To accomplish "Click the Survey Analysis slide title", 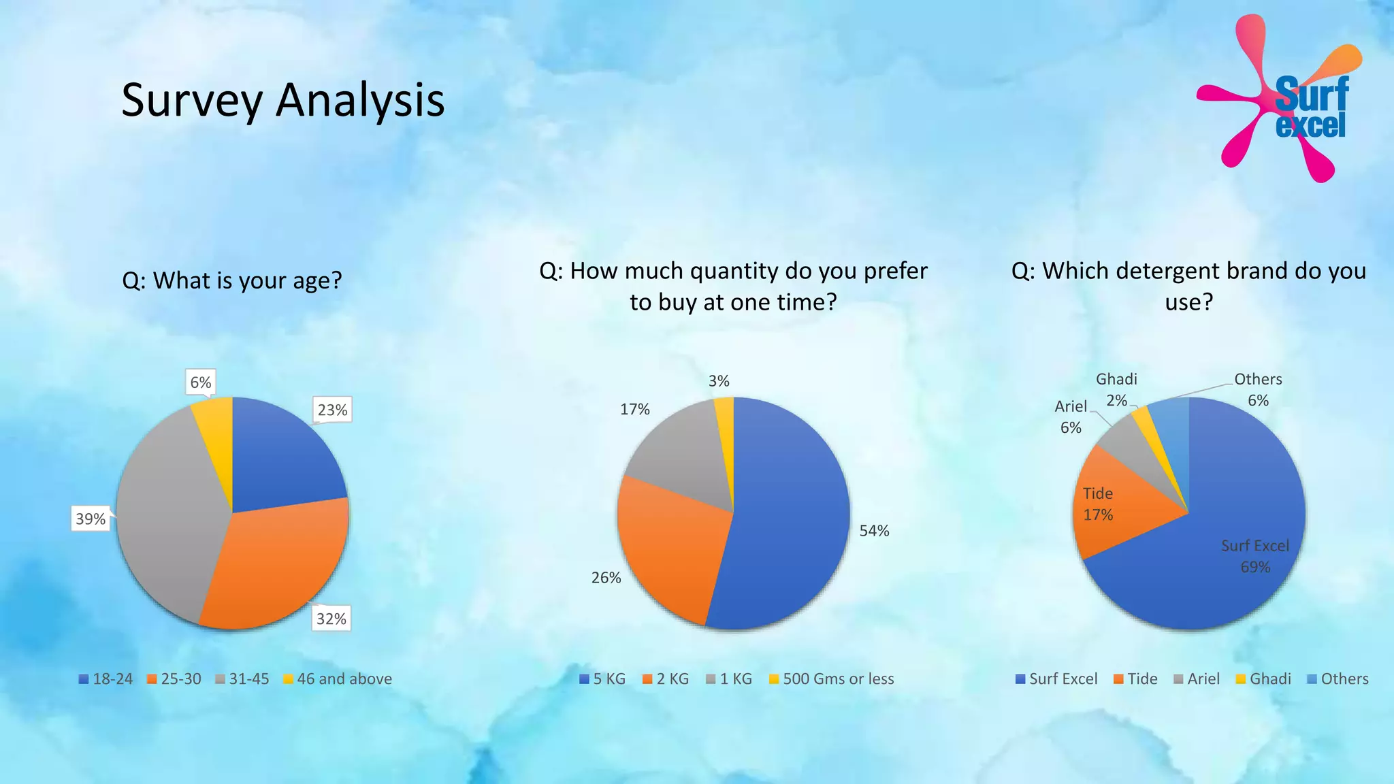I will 282,100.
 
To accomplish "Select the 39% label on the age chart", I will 91,519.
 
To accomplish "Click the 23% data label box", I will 332,410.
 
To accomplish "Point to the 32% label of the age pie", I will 331,619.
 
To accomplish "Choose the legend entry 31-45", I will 242,679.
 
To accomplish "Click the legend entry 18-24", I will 106,679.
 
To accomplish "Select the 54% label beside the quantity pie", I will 874,531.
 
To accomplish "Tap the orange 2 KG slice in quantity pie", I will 664,544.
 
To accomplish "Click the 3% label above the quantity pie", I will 719,381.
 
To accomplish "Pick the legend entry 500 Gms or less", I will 831,679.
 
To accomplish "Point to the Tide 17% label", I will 1098,504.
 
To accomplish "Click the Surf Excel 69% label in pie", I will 1255,556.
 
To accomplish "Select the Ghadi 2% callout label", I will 1116,389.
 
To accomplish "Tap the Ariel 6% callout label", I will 1071,416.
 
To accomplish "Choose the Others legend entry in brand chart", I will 1338,679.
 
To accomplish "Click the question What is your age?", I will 232,280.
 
